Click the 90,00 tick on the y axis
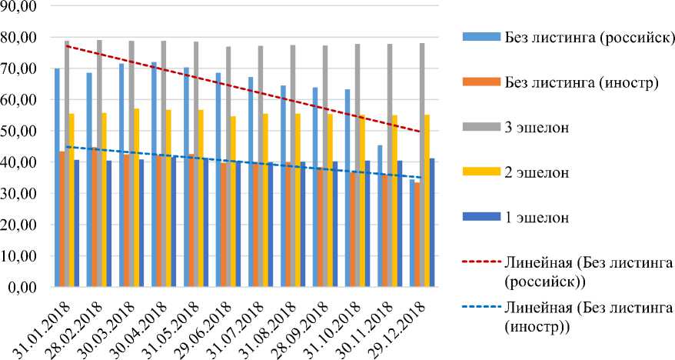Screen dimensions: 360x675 point(22,5)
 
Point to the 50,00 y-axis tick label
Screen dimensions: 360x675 point(22,131)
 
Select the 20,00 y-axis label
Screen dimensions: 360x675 point(22,225)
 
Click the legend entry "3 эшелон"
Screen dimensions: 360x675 point(537,128)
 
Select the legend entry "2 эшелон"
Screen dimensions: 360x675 point(537,172)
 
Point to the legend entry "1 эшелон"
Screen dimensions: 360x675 point(537,217)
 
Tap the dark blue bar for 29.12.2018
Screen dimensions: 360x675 point(432,223)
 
